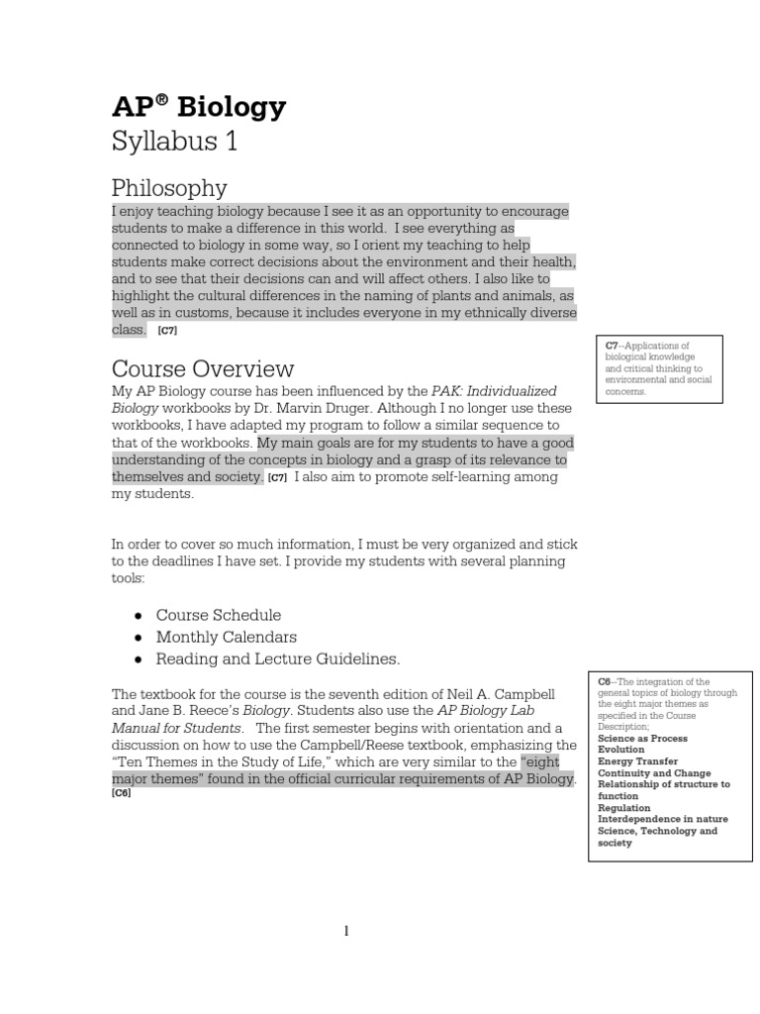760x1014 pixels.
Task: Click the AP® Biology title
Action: pos(198,107)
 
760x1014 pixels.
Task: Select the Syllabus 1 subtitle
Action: pos(174,142)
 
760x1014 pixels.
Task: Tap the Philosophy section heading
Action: pos(169,187)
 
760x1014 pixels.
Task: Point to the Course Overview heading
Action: pos(203,368)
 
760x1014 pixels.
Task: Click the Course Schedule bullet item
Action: pos(218,615)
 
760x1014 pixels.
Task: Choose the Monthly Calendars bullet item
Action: pos(226,637)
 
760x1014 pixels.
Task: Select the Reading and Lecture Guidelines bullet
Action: pos(277,659)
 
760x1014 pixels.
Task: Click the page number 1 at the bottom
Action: pos(347,931)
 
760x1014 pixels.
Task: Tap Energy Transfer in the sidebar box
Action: pos(638,761)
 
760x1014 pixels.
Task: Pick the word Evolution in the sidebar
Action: pos(621,750)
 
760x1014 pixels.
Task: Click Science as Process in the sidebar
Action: pos(642,739)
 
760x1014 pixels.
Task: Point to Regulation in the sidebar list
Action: pos(624,808)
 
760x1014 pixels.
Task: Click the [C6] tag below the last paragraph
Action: pos(121,793)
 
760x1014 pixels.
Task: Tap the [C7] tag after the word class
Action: pos(168,331)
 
